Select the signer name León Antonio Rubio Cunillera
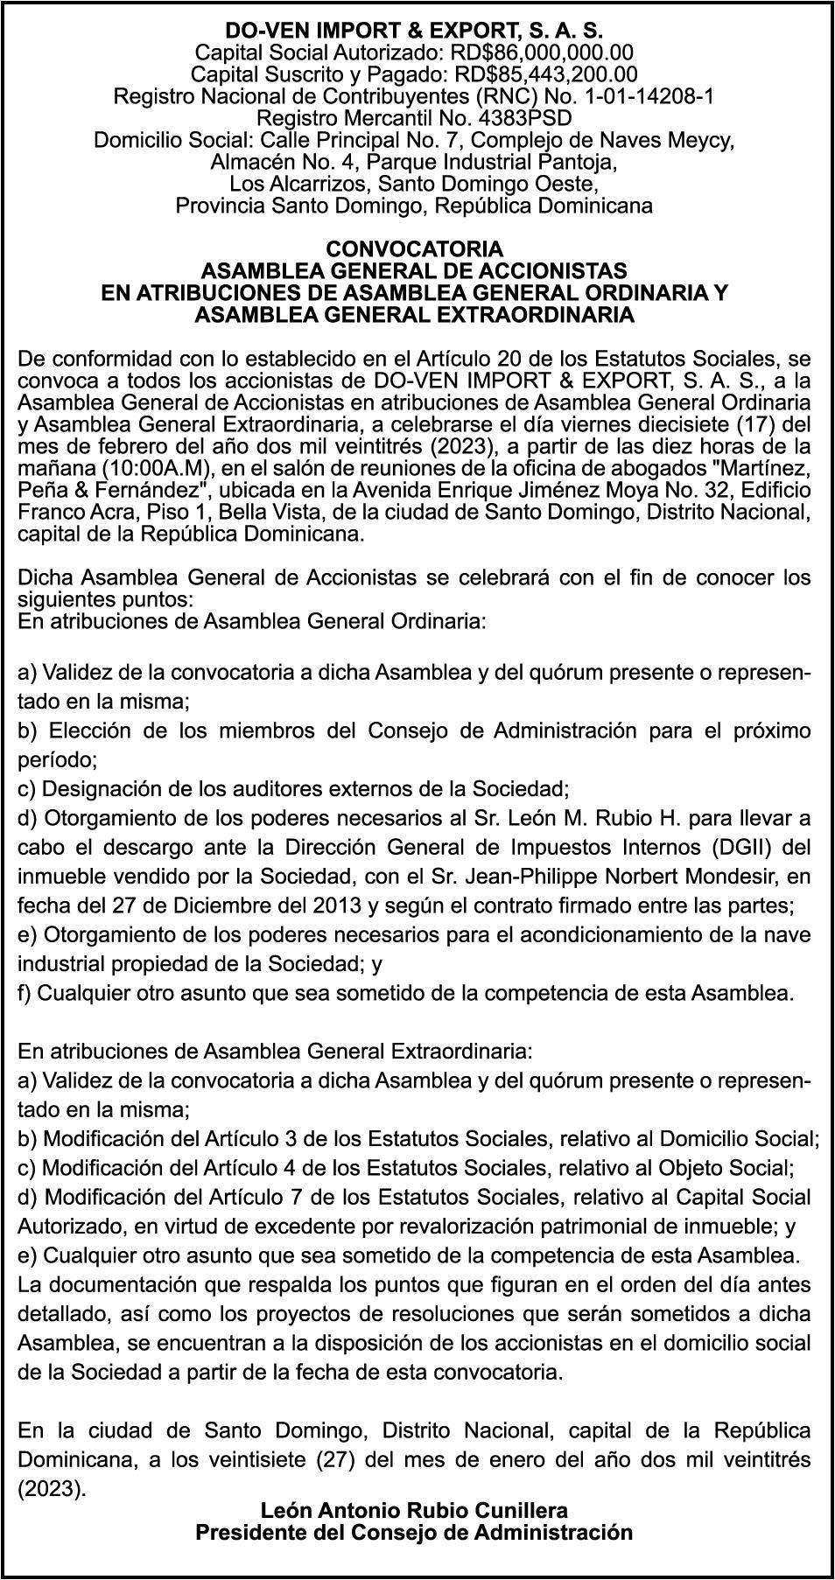414,1510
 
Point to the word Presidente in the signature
253,1532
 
